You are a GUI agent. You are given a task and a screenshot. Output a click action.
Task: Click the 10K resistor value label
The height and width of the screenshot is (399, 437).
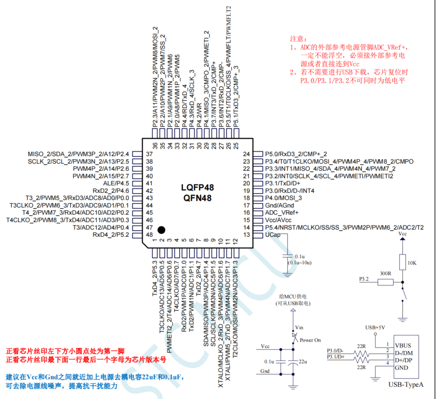(x=412, y=263)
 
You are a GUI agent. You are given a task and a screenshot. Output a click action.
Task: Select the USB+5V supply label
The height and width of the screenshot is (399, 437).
(x=374, y=327)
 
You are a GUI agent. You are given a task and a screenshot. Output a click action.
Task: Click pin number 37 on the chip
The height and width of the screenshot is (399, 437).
(x=149, y=154)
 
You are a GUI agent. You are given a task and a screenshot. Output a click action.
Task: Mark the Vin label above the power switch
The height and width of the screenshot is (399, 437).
(x=299, y=327)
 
